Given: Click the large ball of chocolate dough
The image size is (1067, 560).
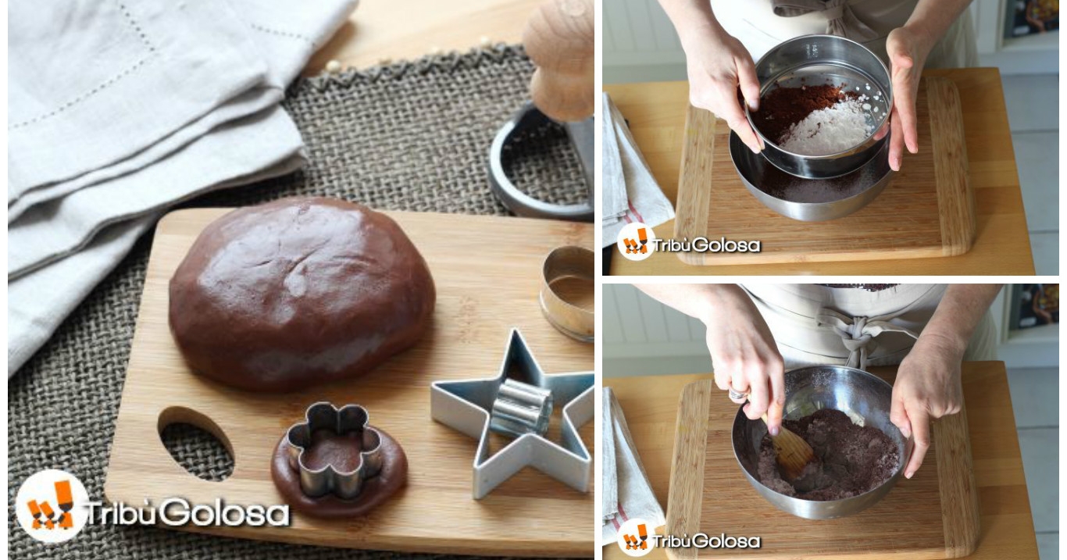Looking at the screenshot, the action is [x=302, y=294].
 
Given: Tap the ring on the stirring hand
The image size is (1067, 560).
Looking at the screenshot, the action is [x=737, y=394].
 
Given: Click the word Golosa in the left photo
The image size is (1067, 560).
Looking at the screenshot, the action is [x=224, y=513].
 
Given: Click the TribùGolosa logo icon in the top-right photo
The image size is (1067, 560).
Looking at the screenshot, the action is [x=635, y=241].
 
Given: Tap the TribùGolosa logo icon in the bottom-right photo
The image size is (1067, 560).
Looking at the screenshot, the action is [x=635, y=537].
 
